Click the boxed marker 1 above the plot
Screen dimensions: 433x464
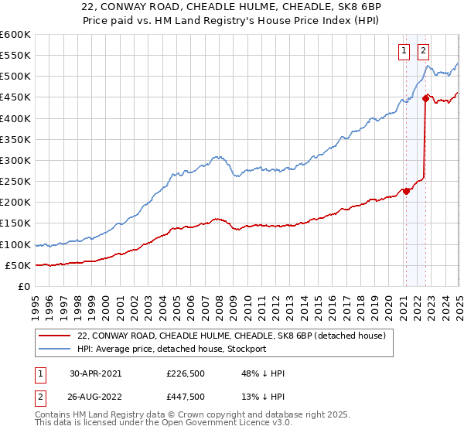[404, 52]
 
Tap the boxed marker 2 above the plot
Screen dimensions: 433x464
[424, 52]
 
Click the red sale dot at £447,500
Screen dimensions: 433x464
[425, 97]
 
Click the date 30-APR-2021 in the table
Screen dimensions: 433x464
[96, 373]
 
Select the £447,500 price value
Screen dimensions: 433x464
[186, 397]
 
